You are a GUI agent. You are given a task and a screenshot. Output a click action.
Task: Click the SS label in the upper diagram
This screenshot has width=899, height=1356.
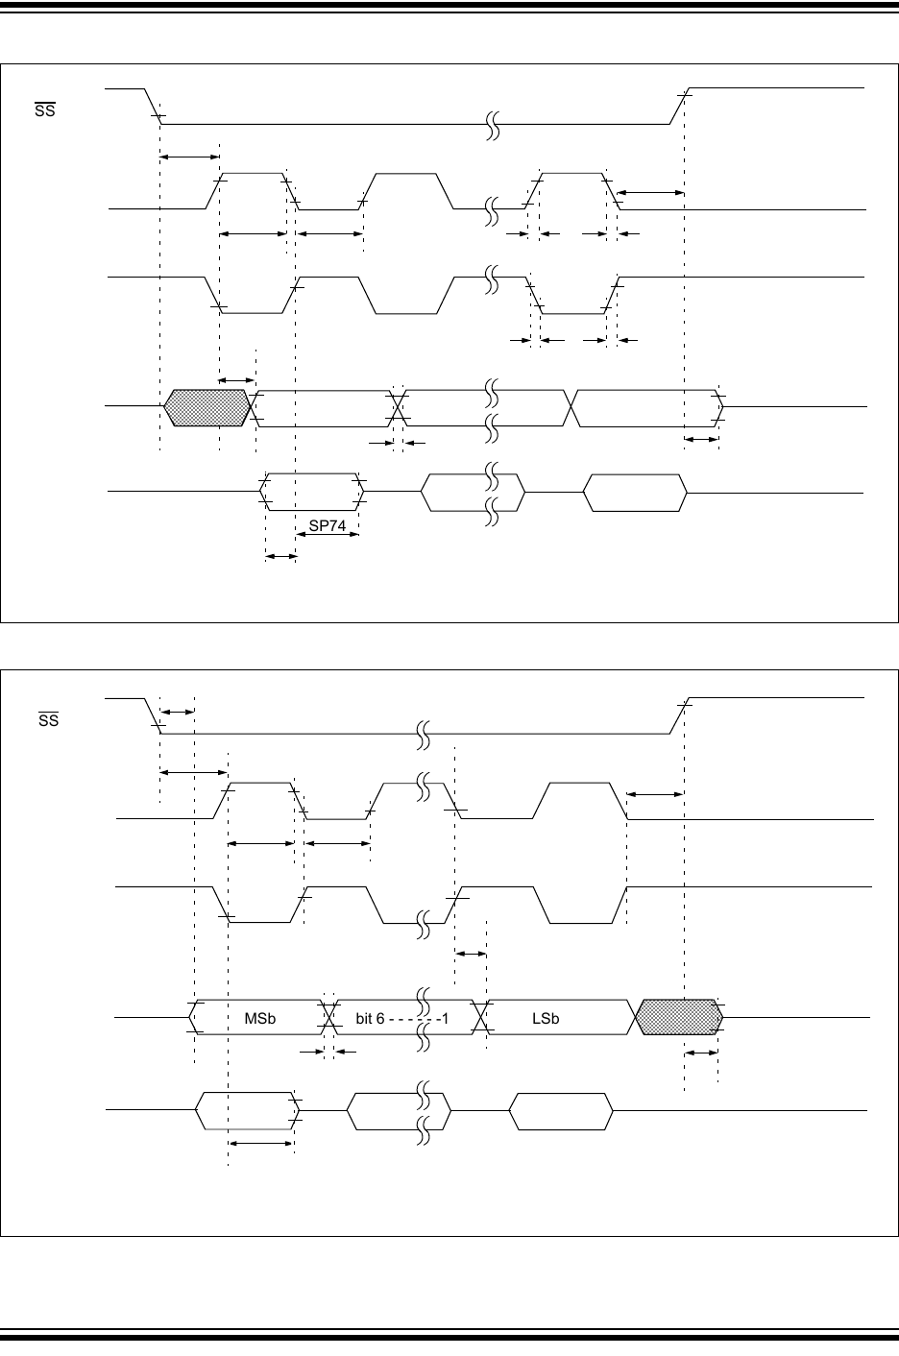45,110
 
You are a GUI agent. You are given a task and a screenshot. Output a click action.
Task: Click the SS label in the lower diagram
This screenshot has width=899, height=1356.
48,717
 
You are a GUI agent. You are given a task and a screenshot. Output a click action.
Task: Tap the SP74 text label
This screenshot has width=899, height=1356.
327,524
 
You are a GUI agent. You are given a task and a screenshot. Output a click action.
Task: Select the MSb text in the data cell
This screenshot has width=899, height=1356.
259,1018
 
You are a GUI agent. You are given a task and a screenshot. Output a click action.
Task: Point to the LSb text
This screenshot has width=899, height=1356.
545,1018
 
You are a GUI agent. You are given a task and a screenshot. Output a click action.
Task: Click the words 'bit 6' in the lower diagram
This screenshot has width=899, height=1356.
370,1018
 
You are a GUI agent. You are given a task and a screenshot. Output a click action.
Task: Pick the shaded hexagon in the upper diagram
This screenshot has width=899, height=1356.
207,407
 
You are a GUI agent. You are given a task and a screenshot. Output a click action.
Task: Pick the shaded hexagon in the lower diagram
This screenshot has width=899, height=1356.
678,1016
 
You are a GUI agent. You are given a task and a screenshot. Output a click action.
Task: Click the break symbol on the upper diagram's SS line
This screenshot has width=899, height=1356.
494,124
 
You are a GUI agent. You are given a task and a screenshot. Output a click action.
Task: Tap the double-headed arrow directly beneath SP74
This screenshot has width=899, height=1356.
279,556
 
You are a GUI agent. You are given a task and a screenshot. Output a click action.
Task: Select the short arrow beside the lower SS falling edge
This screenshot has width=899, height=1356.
177,712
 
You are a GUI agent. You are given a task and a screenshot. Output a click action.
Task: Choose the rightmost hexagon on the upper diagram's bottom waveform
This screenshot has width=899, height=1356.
636,492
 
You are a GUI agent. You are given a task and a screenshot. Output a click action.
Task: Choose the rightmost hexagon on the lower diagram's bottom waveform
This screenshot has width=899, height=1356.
561,1111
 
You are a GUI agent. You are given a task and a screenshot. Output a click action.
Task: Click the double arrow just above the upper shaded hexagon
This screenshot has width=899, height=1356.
237,380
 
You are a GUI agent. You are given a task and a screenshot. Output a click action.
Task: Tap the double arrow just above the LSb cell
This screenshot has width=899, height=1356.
471,954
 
